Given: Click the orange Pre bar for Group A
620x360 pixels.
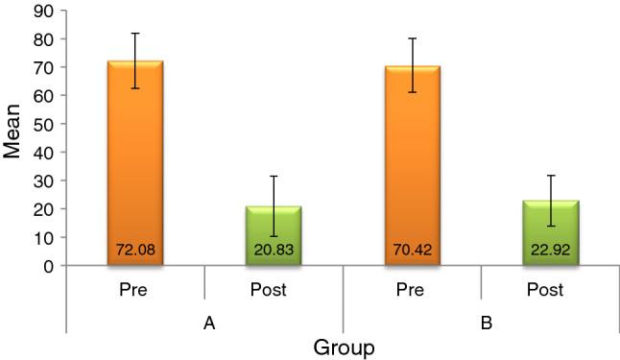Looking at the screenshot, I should tap(135, 163).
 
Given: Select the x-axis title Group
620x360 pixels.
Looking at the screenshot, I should tap(346, 346).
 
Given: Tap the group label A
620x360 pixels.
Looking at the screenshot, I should tap(207, 324).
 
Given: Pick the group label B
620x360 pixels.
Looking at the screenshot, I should tap(485, 324).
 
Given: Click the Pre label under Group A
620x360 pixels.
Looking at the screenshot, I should tap(135, 287).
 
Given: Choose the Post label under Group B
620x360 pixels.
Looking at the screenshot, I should tap(551, 287).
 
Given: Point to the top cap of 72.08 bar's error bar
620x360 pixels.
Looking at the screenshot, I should tap(135, 34).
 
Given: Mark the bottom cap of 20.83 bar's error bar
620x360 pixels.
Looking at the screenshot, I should tap(274, 236).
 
